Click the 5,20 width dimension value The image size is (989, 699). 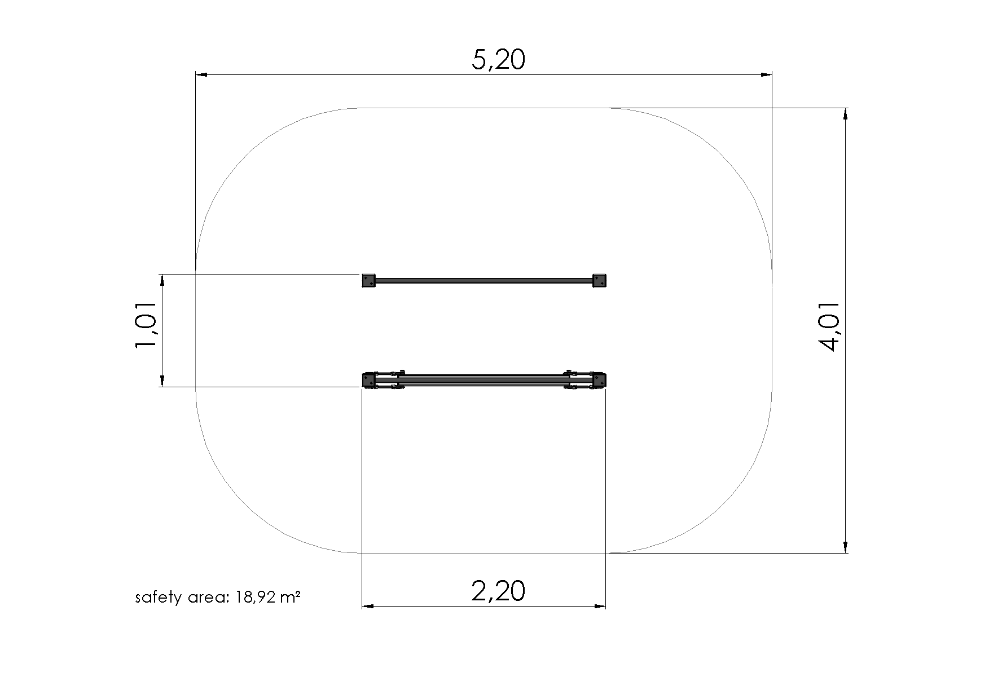pyautogui.click(x=498, y=60)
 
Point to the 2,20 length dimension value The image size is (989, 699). pyautogui.click(x=498, y=591)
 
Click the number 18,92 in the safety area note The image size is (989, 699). pyautogui.click(x=257, y=597)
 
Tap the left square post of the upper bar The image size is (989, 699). pyautogui.click(x=368, y=280)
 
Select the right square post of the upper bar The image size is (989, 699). pyautogui.click(x=599, y=280)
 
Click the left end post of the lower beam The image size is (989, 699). pyautogui.click(x=370, y=380)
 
